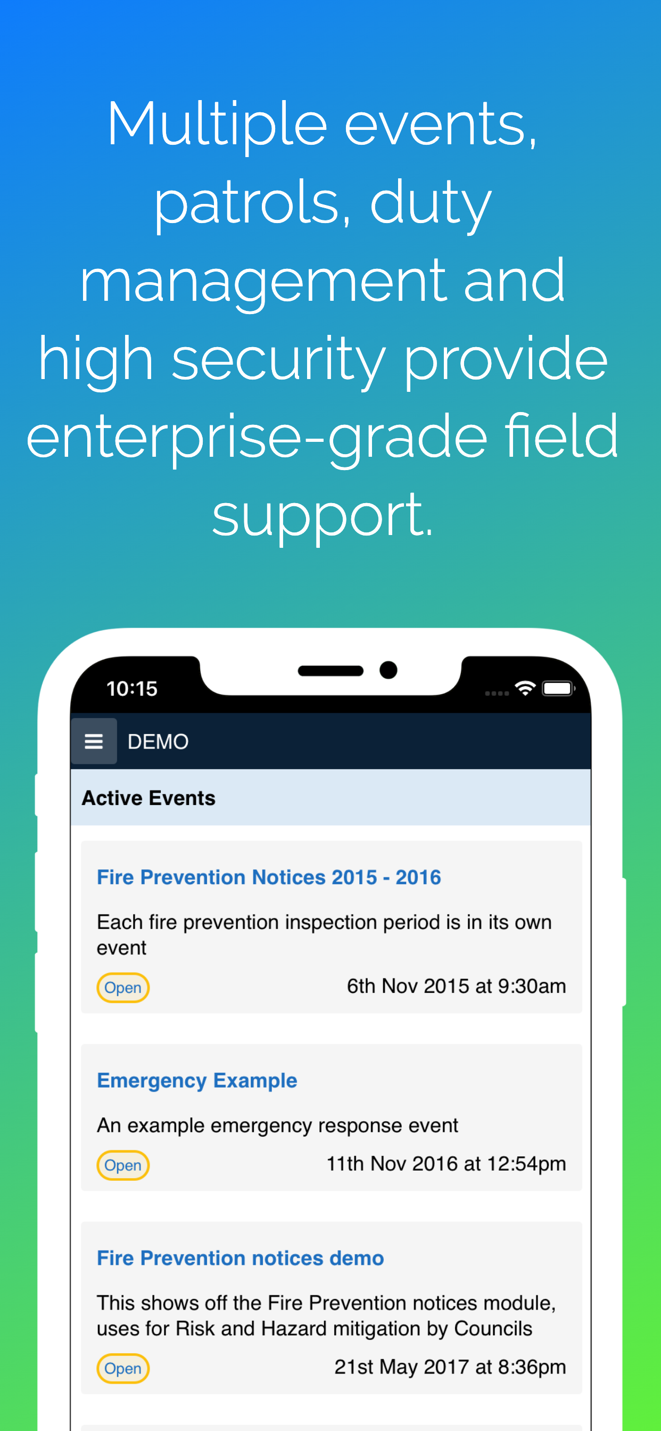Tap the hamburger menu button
tap(94, 741)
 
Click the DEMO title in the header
tap(158, 742)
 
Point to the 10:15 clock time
tap(131, 689)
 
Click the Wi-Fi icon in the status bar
tap(525, 688)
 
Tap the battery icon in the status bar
tap(558, 688)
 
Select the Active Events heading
tap(149, 797)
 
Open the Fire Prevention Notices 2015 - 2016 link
tap(269, 877)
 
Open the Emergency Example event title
tap(197, 1081)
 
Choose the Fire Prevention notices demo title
tap(241, 1257)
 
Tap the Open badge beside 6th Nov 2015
tap(123, 988)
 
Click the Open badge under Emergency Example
tap(123, 1165)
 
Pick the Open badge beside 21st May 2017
tap(123, 1368)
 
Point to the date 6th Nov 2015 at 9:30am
tap(457, 986)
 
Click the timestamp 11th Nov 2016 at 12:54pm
tap(446, 1163)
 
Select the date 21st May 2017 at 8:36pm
tap(450, 1367)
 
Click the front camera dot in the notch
tap(389, 670)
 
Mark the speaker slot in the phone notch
tap(330, 670)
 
